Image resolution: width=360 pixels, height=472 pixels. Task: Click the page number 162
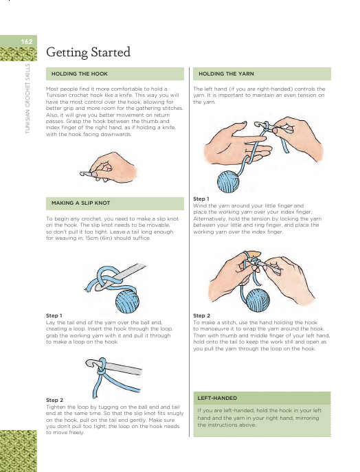[x=27, y=41]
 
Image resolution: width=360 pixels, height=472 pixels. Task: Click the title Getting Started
[x=88, y=52]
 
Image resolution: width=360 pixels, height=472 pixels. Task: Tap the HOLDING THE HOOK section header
[x=80, y=74]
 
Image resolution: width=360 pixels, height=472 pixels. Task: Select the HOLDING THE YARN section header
[x=226, y=74]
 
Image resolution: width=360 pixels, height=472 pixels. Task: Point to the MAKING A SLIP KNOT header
[x=80, y=203]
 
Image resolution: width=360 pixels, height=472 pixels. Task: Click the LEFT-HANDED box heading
[x=217, y=398]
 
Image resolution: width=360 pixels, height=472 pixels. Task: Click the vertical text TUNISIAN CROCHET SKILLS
[x=27, y=99]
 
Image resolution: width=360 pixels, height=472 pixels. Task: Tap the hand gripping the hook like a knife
[x=114, y=168]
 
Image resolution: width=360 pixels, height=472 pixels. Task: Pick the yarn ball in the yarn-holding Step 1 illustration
[x=228, y=181]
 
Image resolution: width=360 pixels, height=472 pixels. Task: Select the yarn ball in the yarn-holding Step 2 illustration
[x=258, y=300]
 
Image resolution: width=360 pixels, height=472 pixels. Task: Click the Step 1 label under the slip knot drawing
[x=54, y=315]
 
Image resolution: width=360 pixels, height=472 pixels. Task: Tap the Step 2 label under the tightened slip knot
[x=54, y=400]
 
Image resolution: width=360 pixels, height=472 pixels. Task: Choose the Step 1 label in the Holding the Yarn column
[x=201, y=199]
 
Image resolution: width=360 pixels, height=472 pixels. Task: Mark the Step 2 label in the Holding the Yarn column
[x=202, y=315]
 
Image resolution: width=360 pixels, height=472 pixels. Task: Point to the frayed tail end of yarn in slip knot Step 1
[x=87, y=289]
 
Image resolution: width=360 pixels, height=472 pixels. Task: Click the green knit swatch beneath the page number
[x=19, y=54]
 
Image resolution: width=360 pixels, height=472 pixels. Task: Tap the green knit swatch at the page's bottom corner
[x=19, y=451]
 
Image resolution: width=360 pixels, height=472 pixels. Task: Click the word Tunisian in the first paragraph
[x=56, y=95]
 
